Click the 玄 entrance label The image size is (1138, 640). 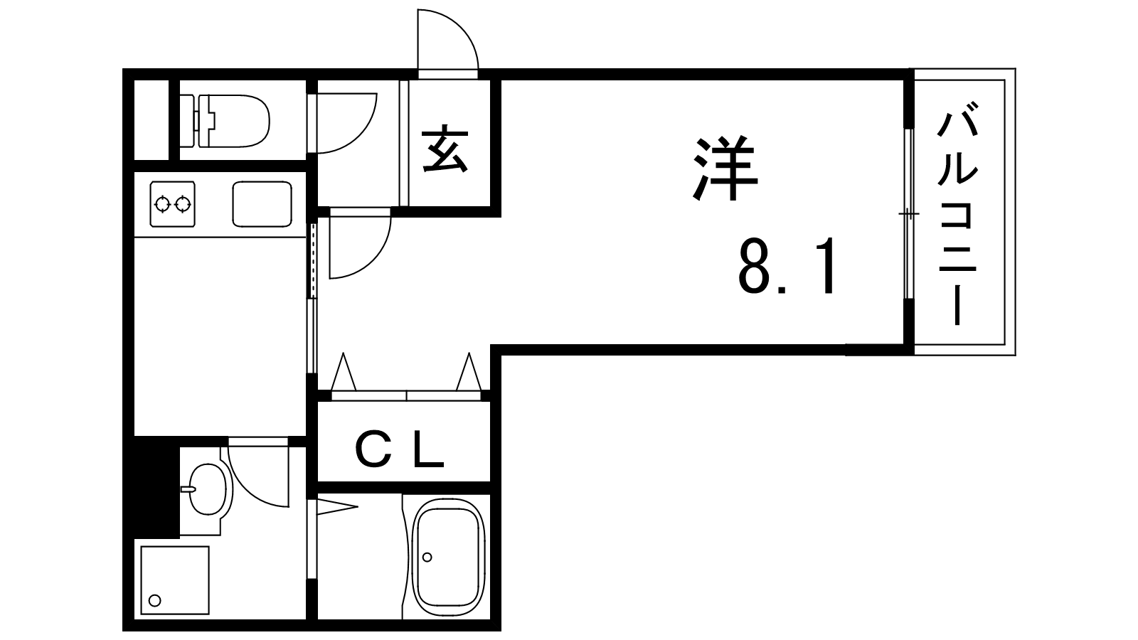[445, 149]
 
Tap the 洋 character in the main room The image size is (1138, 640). [725, 167]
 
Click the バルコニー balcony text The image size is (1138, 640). [957, 213]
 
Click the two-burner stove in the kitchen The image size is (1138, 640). [172, 203]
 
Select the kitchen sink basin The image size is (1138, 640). [262, 203]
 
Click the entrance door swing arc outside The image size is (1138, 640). [447, 40]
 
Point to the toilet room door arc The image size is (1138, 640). [346, 123]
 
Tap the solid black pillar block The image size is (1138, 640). [151, 487]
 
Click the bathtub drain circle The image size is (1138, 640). [427, 558]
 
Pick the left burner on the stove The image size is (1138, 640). [163, 204]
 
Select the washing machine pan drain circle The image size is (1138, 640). [155, 601]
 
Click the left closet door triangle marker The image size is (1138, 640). [344, 371]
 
